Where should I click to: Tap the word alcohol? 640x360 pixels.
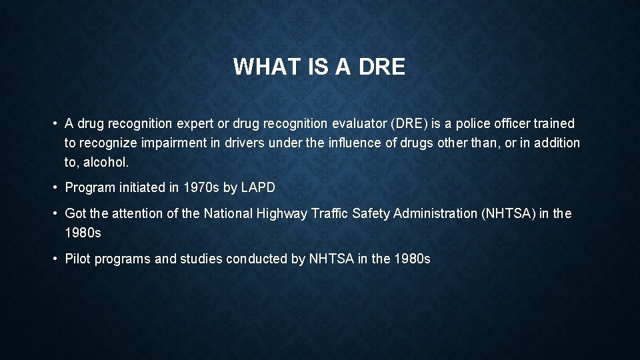pyautogui.click(x=106, y=162)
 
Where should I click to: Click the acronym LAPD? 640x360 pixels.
pyautogui.click(x=257, y=188)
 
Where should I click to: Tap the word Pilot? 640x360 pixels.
pyautogui.click(x=78, y=259)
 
